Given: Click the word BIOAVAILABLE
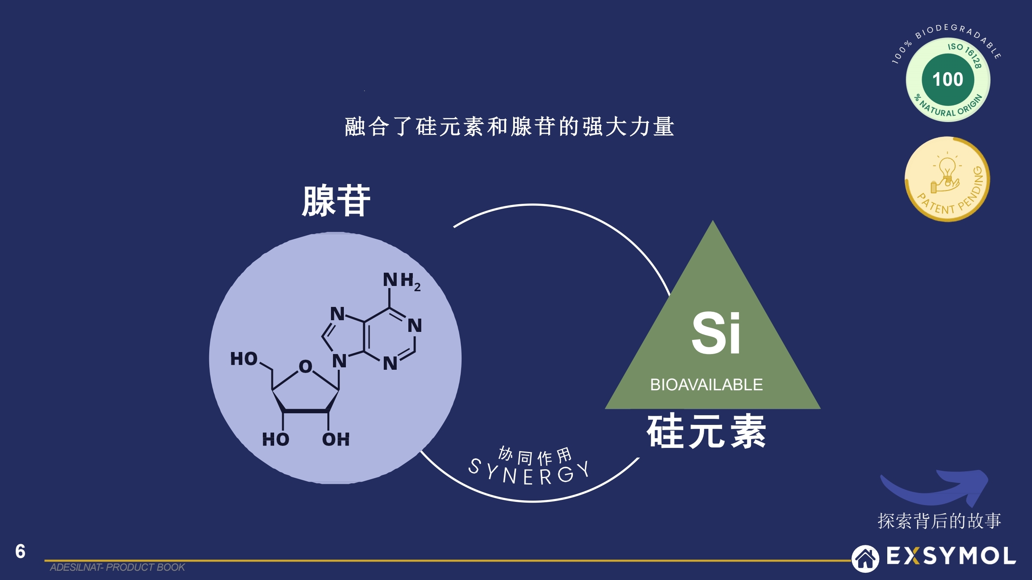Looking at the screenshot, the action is (x=706, y=385).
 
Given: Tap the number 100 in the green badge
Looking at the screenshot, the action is (x=948, y=79).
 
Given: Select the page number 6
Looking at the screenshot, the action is (x=20, y=551).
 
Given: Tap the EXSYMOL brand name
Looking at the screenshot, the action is (x=951, y=556).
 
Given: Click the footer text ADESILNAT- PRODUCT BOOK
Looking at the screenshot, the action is (x=117, y=567).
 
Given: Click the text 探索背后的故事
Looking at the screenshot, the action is (x=939, y=521).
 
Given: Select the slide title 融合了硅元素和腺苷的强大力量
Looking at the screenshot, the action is (x=509, y=126).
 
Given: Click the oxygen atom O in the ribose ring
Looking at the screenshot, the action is (x=306, y=366).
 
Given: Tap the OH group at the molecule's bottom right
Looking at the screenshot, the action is (x=335, y=439).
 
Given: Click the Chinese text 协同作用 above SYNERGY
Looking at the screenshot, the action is (x=535, y=456).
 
